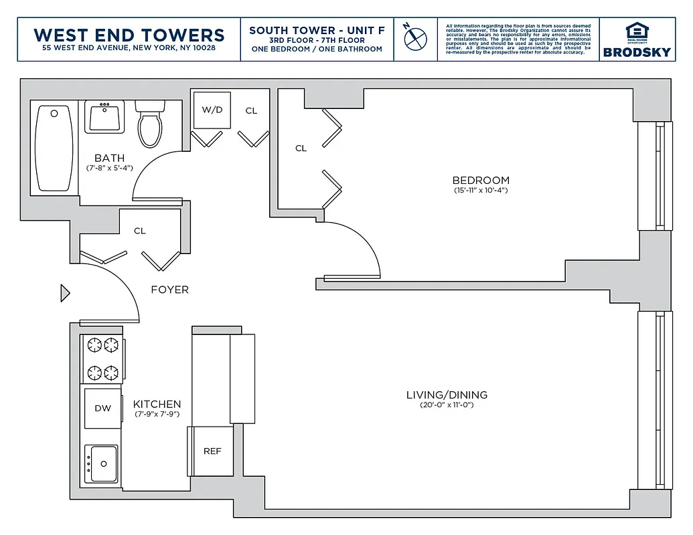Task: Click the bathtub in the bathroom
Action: (x=54, y=148)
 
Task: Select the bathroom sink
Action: (x=104, y=117)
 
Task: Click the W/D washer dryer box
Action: (x=212, y=110)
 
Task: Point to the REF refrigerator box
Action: (x=212, y=451)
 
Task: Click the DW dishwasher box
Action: (x=102, y=408)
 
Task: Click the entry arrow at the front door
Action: (x=65, y=293)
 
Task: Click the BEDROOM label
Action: (x=480, y=180)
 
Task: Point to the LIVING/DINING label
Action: (x=447, y=395)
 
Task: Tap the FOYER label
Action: (x=169, y=290)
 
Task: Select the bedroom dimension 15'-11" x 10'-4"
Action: (x=481, y=191)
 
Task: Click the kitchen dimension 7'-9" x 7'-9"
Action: (x=157, y=415)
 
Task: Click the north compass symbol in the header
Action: (x=415, y=37)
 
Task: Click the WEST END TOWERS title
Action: (x=129, y=35)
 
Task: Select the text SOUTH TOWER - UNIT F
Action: (x=316, y=31)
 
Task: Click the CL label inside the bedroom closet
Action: (x=301, y=148)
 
